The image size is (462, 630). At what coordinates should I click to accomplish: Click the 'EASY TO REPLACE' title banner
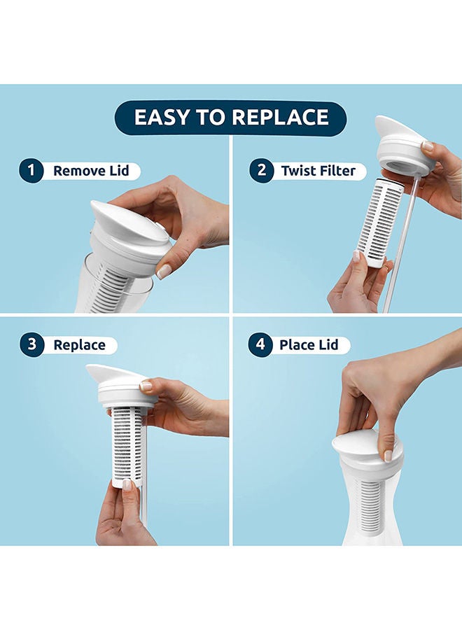pyautogui.click(x=231, y=117)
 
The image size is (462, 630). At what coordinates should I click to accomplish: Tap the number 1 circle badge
pyautogui.click(x=31, y=170)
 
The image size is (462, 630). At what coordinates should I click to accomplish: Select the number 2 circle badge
pyautogui.click(x=262, y=170)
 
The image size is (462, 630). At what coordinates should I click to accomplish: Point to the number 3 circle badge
pyautogui.click(x=31, y=344)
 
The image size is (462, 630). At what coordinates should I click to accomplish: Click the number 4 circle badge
pyautogui.click(x=262, y=344)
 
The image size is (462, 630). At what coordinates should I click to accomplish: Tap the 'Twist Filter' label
pyautogui.click(x=318, y=170)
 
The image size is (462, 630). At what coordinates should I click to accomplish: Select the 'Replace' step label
pyautogui.click(x=79, y=344)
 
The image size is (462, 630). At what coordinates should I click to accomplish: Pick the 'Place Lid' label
pyautogui.click(x=309, y=344)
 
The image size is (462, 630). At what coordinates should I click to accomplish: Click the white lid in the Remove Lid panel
pyautogui.click(x=129, y=227)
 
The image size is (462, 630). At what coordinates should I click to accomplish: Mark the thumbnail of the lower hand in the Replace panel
pyautogui.click(x=127, y=484)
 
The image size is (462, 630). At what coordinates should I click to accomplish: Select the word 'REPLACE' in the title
pyautogui.click(x=279, y=117)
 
